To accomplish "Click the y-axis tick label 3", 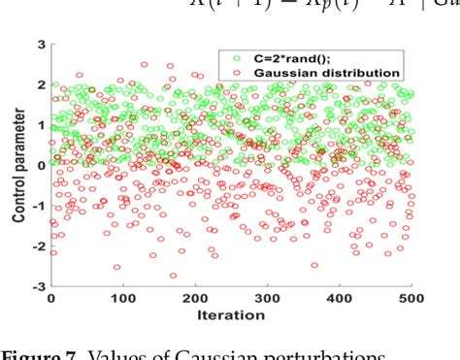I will coord(41,44).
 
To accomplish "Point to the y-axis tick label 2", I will coord(41,84).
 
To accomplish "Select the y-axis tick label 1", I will coord(41,125).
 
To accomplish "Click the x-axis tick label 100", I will coord(122,299).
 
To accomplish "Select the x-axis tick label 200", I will coord(195,299).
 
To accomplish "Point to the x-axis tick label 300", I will coord(267,299).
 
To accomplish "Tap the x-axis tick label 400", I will coord(340,299).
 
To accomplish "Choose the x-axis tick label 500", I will coord(411,299).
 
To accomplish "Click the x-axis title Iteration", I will coord(231,315).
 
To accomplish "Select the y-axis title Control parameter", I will coord(18,166).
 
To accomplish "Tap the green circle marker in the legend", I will coord(233,57).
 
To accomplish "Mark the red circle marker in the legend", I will coord(233,72).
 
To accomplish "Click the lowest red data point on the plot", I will coord(174,276).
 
